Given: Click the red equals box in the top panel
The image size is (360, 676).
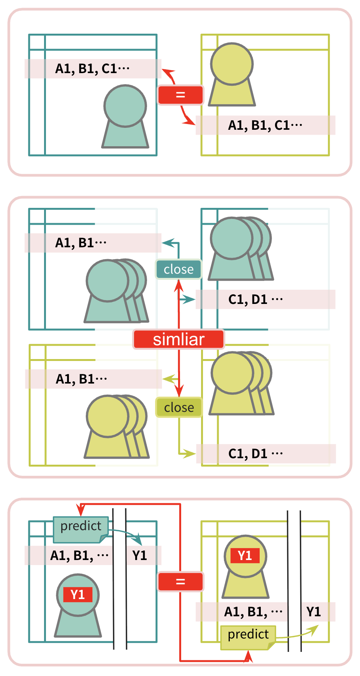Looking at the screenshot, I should [180, 95].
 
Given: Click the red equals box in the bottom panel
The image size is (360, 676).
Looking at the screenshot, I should [180, 582].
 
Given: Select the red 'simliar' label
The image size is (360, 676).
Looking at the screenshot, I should [178, 340].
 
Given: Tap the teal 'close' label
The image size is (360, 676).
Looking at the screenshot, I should [178, 269].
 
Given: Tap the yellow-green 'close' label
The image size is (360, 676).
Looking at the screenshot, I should [179, 407].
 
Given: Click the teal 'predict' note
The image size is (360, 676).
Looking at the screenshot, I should [81, 529].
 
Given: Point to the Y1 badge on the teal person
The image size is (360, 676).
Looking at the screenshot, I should [78, 594].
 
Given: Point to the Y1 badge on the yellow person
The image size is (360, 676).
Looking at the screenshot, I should [245, 555].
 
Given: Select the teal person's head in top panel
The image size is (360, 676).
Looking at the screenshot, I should [125, 106].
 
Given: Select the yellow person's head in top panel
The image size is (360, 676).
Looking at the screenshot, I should [232, 64].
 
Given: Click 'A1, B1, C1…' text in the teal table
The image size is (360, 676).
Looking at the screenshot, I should [92, 69].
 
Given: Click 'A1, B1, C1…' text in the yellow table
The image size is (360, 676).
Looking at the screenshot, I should [265, 125].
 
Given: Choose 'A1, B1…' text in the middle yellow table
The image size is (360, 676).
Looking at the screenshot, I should [81, 379].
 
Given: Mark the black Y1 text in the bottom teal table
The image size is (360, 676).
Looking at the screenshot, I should [140, 555].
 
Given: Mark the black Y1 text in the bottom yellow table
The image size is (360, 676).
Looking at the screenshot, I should [314, 612].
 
